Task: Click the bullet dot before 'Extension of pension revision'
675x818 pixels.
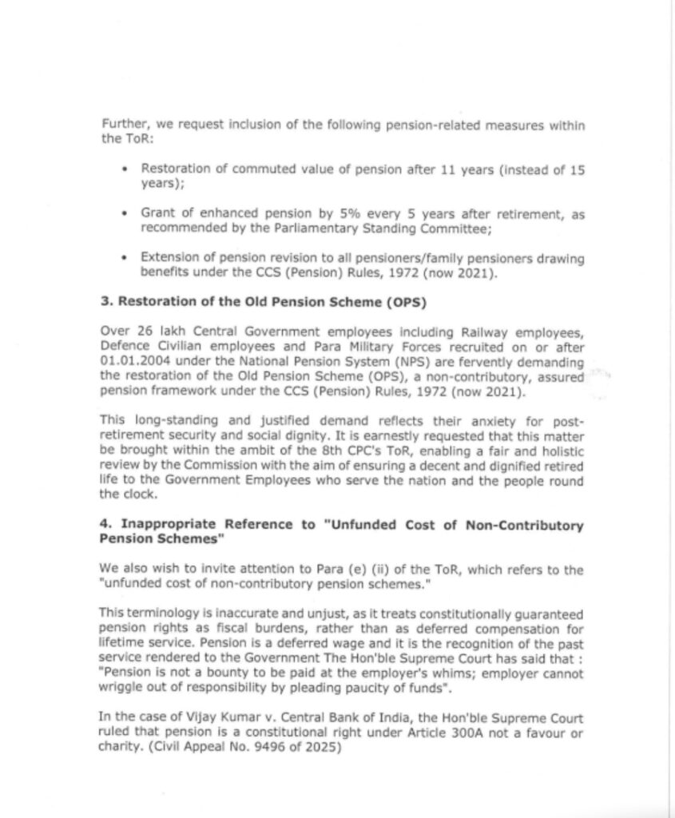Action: tap(125, 259)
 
